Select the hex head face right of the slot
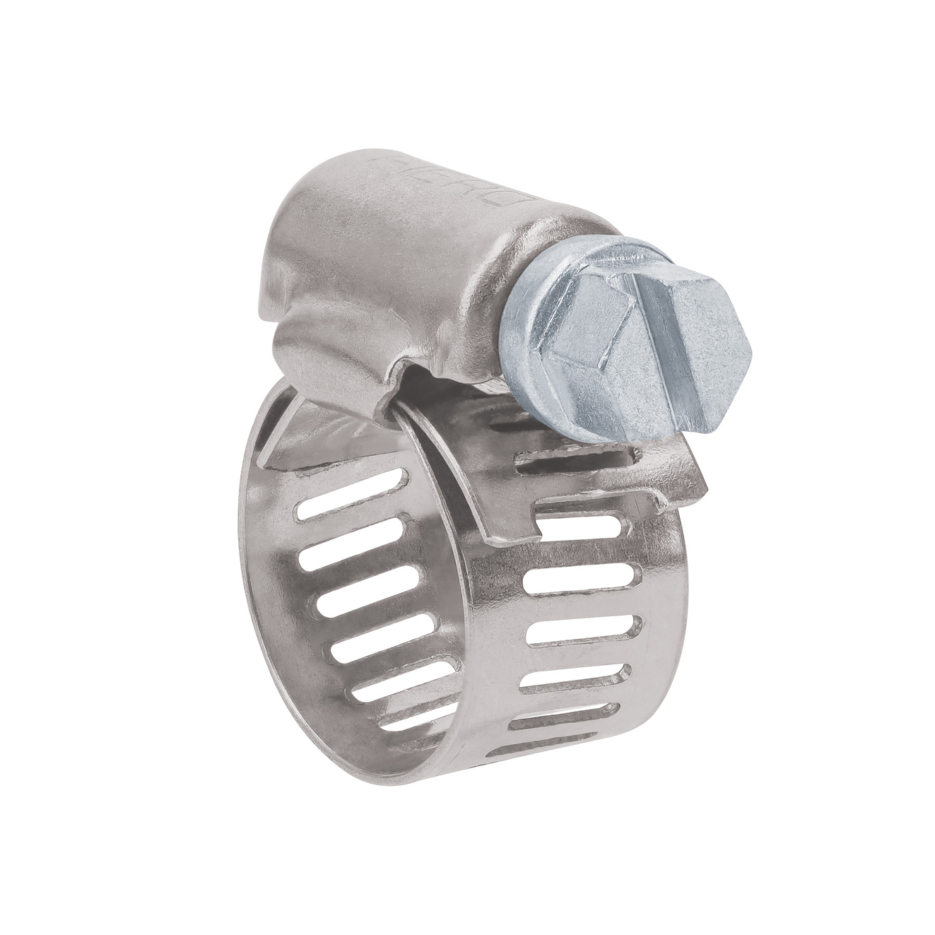click(x=714, y=353)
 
